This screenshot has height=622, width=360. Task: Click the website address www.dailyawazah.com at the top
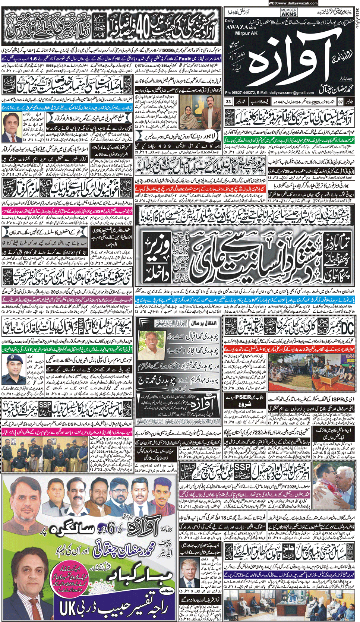(293, 3)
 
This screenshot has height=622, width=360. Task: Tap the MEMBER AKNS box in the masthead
(289, 12)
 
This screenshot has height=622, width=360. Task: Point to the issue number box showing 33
(228, 102)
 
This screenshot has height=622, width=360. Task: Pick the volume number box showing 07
(340, 102)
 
